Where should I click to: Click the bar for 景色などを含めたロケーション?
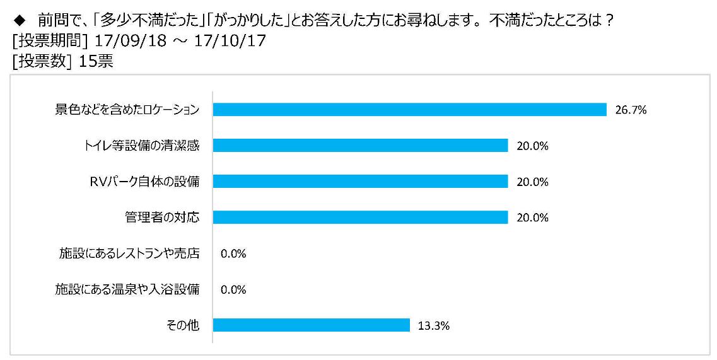click(410, 110)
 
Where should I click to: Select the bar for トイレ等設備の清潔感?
click(360, 146)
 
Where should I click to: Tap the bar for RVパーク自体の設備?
click(360, 182)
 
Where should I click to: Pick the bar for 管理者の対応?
click(360, 218)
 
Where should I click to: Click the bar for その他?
click(312, 325)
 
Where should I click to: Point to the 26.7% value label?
click(631, 110)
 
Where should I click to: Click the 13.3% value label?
click(433, 326)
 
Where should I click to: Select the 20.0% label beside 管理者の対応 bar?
click(532, 218)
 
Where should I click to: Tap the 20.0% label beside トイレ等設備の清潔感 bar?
click(532, 146)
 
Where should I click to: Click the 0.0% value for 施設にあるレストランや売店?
click(233, 254)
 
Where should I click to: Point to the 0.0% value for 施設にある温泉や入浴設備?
click(233, 289)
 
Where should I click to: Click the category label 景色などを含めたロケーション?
click(127, 110)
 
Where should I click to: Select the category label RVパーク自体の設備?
click(144, 182)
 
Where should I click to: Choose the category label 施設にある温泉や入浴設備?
click(127, 289)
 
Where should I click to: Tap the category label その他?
click(183, 325)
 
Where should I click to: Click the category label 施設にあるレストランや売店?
click(129, 253)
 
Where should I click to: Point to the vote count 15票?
click(96, 61)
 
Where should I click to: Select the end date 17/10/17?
click(230, 41)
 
